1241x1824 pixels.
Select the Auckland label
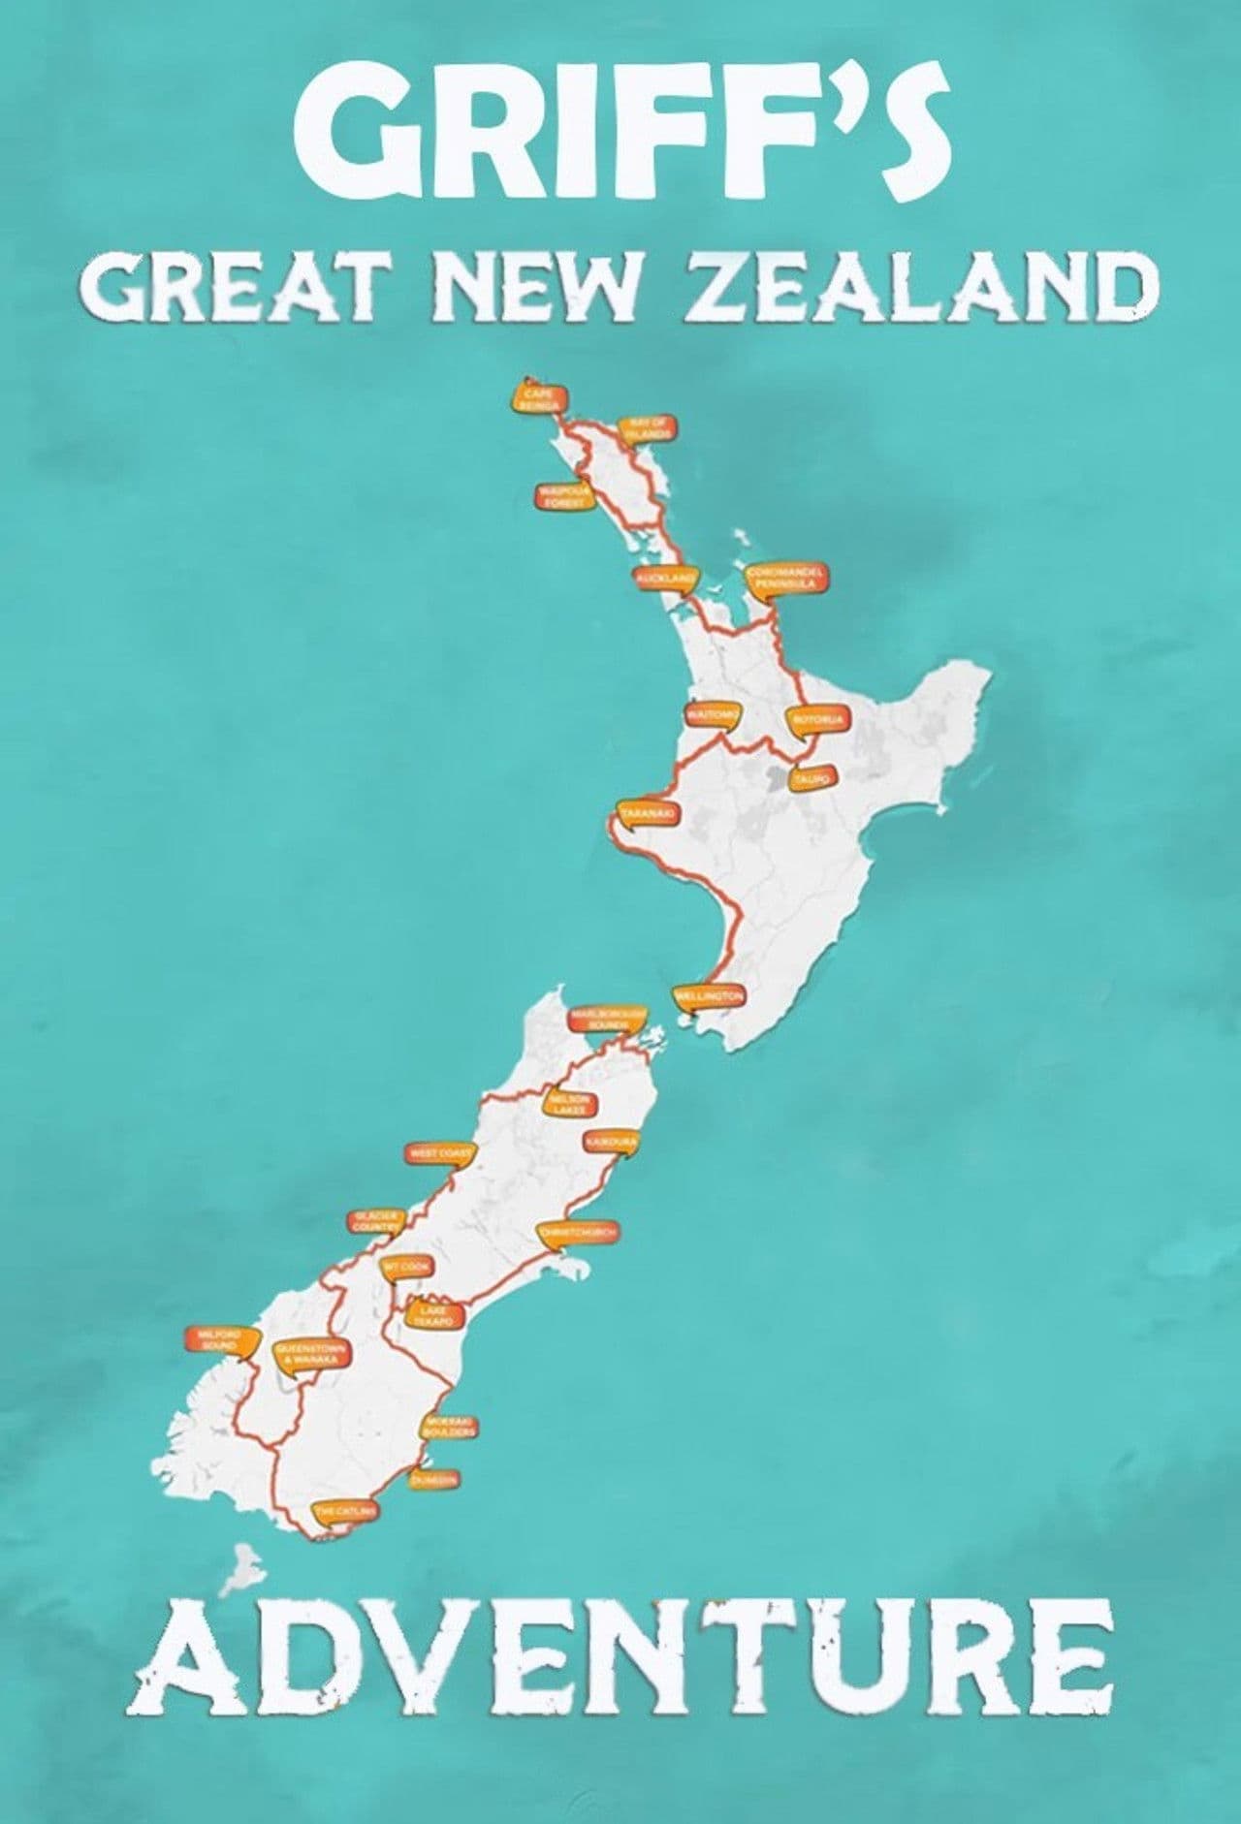click(x=666, y=578)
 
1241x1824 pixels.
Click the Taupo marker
click(x=811, y=778)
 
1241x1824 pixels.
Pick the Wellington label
click(x=710, y=996)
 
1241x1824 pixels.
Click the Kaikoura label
click(x=611, y=1144)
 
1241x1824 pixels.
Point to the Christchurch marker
click(x=578, y=1233)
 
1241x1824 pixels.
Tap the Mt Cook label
click(x=402, y=1266)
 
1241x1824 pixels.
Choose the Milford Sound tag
click(x=223, y=1339)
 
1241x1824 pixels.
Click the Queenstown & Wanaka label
click(x=312, y=1355)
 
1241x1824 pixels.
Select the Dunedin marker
click(x=432, y=1480)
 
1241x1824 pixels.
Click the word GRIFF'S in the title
click(x=620, y=126)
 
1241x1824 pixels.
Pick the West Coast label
click(x=441, y=1153)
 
